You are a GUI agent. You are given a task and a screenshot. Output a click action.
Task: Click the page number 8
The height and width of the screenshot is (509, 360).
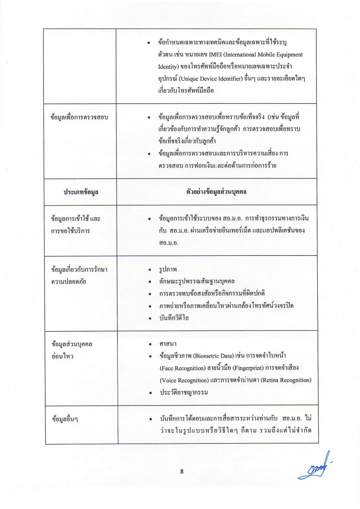[182, 471]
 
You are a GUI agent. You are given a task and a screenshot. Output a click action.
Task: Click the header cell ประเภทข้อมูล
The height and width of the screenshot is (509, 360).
[81, 192]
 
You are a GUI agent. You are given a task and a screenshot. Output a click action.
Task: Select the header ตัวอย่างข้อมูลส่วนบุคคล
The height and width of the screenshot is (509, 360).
[216, 192]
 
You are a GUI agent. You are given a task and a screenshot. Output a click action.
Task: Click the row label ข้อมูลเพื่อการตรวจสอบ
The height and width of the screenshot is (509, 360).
[79, 117]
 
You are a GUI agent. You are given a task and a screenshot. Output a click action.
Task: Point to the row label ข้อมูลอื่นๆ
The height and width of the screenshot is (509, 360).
[65, 419]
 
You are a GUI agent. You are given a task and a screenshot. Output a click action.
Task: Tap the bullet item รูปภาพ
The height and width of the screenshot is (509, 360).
[168, 269]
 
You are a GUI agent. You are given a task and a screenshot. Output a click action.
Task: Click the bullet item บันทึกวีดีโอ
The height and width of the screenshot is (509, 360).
[174, 318]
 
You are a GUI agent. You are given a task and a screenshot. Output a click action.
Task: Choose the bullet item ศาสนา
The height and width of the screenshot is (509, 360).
[168, 344]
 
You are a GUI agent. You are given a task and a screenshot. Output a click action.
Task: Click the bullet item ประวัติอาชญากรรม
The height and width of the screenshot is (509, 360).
[184, 393]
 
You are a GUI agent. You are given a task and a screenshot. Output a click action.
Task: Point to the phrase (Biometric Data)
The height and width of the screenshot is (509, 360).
[213, 356]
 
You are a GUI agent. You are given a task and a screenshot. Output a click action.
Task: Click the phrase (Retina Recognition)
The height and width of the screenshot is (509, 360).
[286, 380]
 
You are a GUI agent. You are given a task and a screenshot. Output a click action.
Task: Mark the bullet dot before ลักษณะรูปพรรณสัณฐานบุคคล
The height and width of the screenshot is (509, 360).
[149, 282]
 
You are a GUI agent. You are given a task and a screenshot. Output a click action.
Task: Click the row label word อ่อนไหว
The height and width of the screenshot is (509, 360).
[62, 356]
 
